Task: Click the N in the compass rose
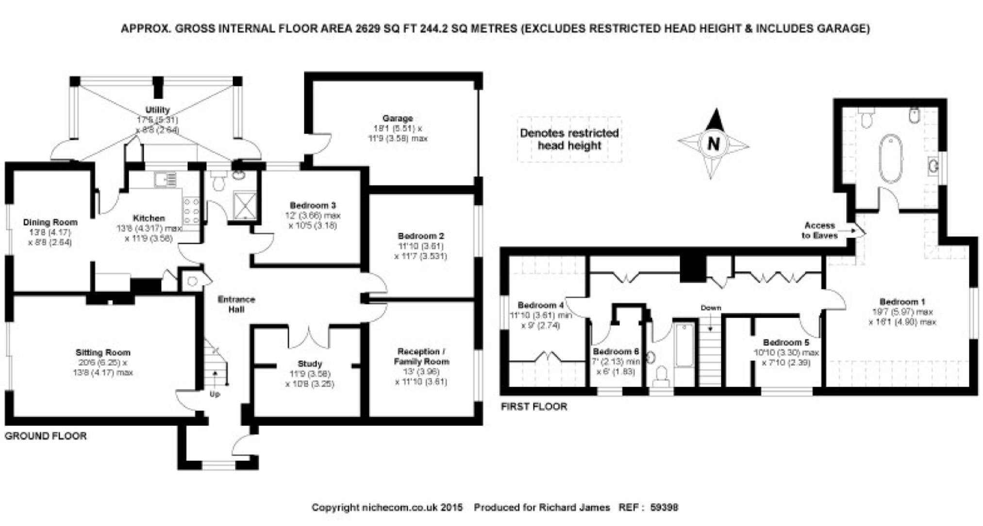pyautogui.click(x=713, y=144)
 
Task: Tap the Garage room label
pyautogui.click(x=398, y=118)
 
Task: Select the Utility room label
pyautogui.click(x=157, y=110)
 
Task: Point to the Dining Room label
pyautogui.click(x=50, y=222)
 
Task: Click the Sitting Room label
pyautogui.click(x=103, y=353)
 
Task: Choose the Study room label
pyautogui.click(x=310, y=364)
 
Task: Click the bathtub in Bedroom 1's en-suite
pyautogui.click(x=891, y=158)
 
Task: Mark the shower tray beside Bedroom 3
pyautogui.click(x=245, y=205)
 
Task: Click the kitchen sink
pyautogui.click(x=166, y=180)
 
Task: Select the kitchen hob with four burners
pyautogui.click(x=192, y=210)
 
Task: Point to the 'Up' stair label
pyautogui.click(x=215, y=394)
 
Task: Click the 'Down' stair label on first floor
pyautogui.click(x=711, y=308)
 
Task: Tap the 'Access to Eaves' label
pyautogui.click(x=819, y=230)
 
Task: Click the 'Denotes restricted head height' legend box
pyautogui.click(x=569, y=139)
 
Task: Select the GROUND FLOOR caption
pyautogui.click(x=46, y=436)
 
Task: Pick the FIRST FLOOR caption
pyautogui.click(x=534, y=407)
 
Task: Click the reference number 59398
pyautogui.click(x=664, y=508)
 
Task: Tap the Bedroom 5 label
pyautogui.click(x=785, y=342)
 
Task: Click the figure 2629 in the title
pyautogui.click(x=368, y=29)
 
